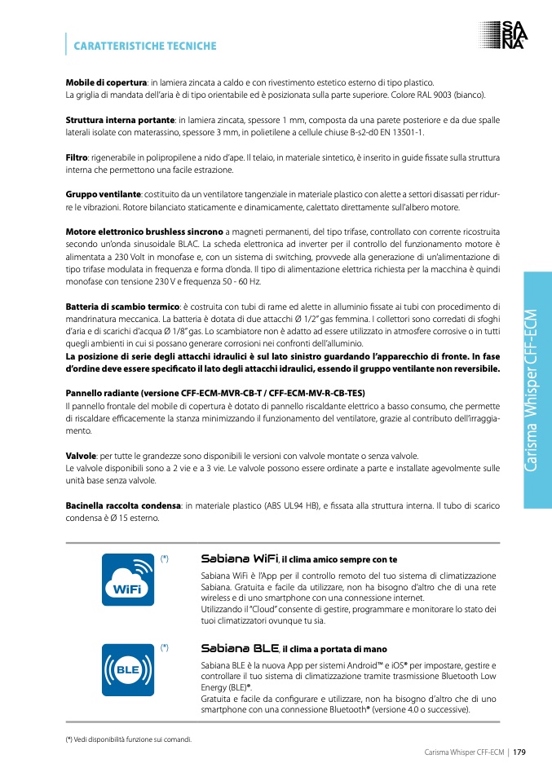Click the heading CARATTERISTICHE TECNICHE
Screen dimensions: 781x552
pos(145,46)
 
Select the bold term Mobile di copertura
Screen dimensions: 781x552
pos(106,82)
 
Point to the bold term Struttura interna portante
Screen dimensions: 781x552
pos(120,120)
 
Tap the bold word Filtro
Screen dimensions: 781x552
pos(77,157)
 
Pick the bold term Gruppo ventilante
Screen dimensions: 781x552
pos(103,195)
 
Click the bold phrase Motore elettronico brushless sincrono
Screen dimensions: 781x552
pos(144,232)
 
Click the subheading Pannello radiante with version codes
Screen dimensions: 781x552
pos(215,393)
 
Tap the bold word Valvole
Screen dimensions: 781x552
pos(82,456)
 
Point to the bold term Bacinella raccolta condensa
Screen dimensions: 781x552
pos(122,506)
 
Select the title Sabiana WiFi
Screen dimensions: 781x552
pos(239,559)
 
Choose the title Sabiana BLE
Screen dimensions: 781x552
pos(240,648)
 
